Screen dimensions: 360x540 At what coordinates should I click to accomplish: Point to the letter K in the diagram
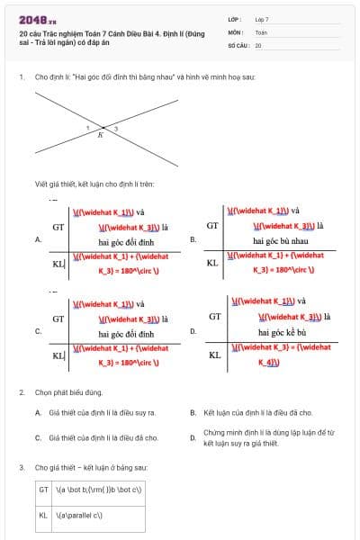click(x=100, y=136)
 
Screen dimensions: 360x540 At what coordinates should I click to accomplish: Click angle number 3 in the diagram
click(x=116, y=130)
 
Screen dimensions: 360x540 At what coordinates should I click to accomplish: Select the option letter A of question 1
click(x=38, y=240)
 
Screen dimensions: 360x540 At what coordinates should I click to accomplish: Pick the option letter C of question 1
click(x=38, y=331)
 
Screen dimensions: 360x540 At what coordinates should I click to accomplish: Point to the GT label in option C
click(x=58, y=319)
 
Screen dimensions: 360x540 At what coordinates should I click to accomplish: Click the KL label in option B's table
click(x=213, y=263)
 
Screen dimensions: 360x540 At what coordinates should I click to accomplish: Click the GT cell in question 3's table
click(x=43, y=490)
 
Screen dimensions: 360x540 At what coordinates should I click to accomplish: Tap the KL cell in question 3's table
click(x=43, y=515)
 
